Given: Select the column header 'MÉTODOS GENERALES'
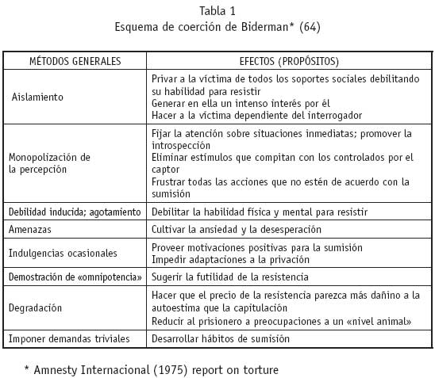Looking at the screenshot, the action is click(x=75, y=61).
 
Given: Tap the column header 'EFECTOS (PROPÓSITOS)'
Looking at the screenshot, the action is click(x=289, y=61).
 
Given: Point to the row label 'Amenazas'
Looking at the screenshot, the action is click(x=31, y=229).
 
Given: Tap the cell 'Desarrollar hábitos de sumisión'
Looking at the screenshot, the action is click(x=220, y=338).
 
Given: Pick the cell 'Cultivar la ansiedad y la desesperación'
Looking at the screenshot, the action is click(x=236, y=229).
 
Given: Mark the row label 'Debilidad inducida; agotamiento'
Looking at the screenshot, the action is click(x=75, y=212).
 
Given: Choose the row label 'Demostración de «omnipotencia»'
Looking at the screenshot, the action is click(x=75, y=277).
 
